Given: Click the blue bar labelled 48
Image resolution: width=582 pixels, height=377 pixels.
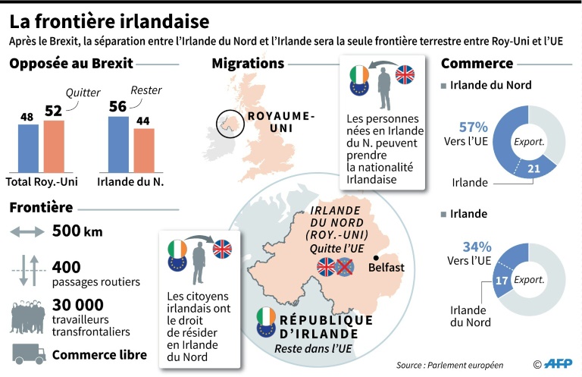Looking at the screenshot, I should pyautogui.click(x=28, y=149).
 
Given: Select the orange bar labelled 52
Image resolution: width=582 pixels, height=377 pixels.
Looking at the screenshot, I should pyautogui.click(x=54, y=146).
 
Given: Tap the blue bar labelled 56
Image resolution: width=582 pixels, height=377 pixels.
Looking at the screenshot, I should pyautogui.click(x=119, y=143).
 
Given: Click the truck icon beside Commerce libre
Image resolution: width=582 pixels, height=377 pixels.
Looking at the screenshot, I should pyautogui.click(x=30, y=353).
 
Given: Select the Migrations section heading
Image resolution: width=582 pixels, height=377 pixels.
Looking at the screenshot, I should pyautogui.click(x=249, y=63).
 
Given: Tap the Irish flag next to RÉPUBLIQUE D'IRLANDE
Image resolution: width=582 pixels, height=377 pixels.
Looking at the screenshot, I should pyautogui.click(x=266, y=314).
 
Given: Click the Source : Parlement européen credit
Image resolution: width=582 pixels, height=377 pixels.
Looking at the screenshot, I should pyautogui.click(x=450, y=365).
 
